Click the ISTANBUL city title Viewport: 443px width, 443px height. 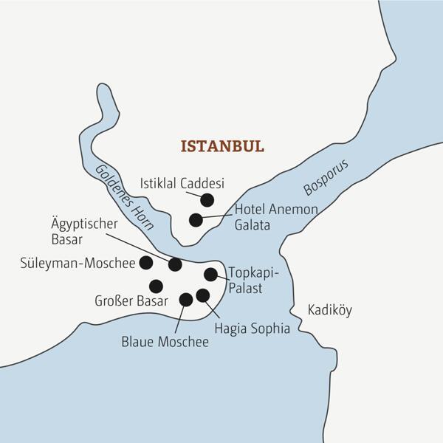(222, 145)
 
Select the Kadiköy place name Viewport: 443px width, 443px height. (329, 309)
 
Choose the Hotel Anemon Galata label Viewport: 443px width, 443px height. (276, 217)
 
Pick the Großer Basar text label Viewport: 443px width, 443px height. (130, 301)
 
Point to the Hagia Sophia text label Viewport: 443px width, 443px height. (252, 329)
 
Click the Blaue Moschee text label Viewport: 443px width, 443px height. (165, 342)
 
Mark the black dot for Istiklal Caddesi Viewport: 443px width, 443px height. (207, 199)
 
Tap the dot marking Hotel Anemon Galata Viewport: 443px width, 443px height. (196, 219)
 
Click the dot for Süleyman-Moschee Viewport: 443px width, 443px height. (146, 262)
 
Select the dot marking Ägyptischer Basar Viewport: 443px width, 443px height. (175, 264)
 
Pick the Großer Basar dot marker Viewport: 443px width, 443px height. (156, 286)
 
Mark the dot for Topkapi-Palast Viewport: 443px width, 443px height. (210, 275)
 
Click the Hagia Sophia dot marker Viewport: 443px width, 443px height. (203, 295)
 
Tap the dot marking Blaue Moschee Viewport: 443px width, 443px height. (186, 299)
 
